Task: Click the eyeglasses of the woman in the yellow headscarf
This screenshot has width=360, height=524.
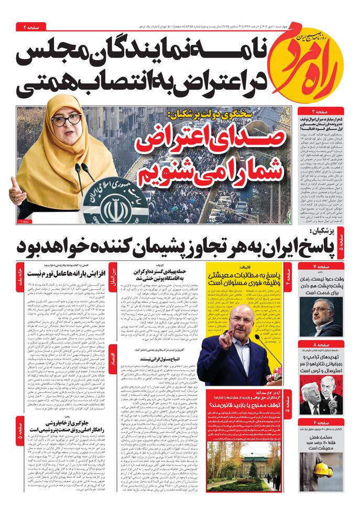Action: pos(67,119)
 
